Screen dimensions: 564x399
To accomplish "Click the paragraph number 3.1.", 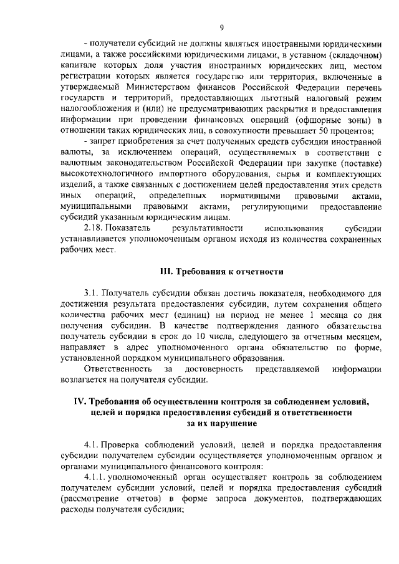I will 91,292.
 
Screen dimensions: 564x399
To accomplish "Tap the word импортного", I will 187,174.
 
